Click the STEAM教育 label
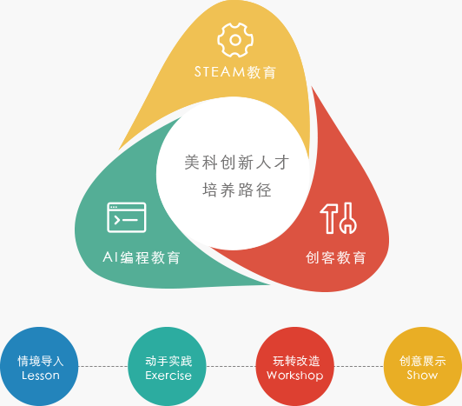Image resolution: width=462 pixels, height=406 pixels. [x=235, y=72]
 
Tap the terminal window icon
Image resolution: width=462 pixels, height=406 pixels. [x=127, y=217]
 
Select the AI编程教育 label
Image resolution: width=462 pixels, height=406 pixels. [x=142, y=257]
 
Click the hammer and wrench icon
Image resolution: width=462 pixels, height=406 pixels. [x=339, y=218]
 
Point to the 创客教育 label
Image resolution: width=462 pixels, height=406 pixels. [x=336, y=257]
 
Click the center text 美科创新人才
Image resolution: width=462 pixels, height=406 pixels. [x=237, y=162]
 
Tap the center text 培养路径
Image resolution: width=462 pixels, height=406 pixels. [x=237, y=190]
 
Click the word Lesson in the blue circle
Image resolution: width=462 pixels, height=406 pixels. [x=41, y=376]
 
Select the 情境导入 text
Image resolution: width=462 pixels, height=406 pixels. [x=41, y=361]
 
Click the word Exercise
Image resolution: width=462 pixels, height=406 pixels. [x=168, y=376]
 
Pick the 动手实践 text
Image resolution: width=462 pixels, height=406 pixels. [x=168, y=361]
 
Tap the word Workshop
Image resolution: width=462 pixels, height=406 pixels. [x=295, y=376]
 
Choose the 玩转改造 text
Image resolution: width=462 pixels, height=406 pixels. [x=296, y=361]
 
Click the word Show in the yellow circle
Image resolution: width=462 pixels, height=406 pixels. [x=422, y=375]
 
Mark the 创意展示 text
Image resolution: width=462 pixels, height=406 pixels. [x=423, y=361]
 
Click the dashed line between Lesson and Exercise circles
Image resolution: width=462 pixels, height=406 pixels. [x=103, y=367]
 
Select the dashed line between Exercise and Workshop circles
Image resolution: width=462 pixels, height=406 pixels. [x=231, y=367]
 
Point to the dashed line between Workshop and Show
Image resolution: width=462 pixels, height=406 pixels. [x=359, y=367]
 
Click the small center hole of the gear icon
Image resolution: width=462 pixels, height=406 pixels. [x=235, y=40]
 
